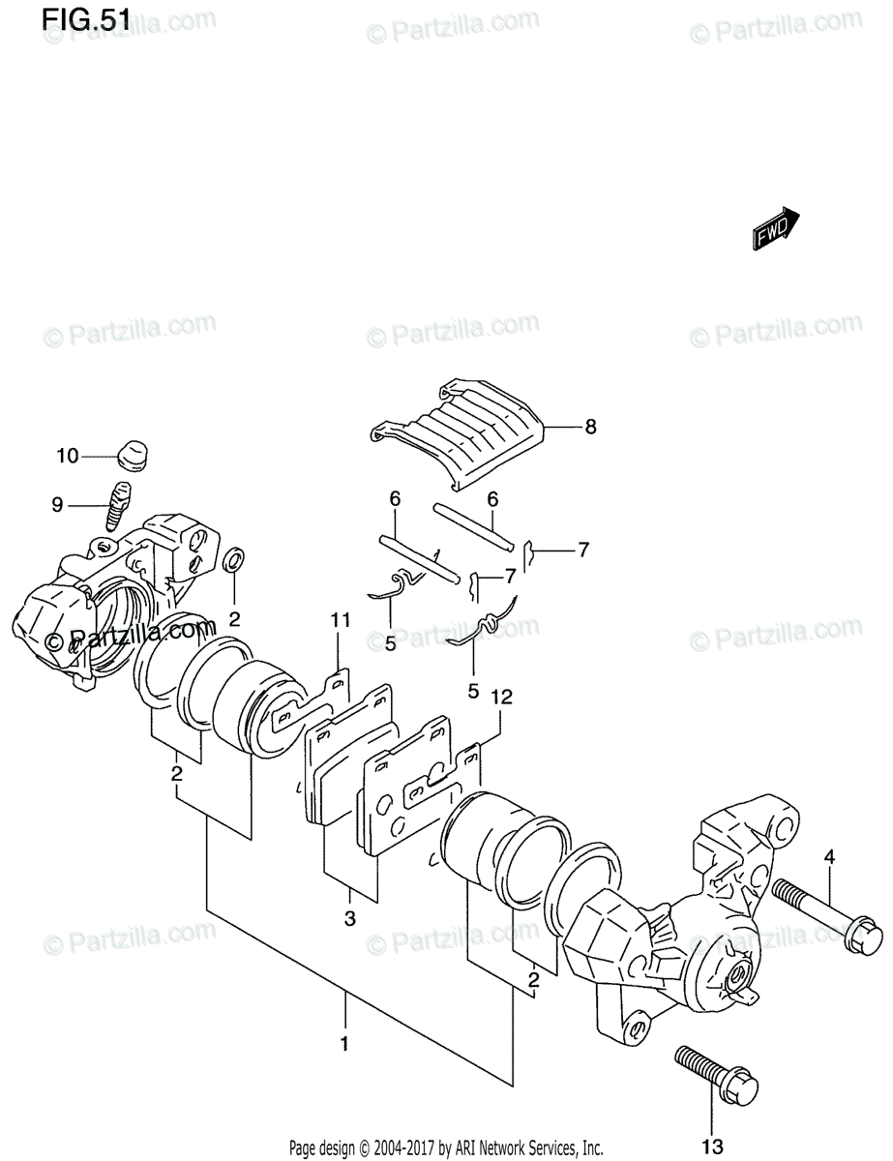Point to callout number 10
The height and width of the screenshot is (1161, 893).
[69, 455]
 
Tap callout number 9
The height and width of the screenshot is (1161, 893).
[57, 503]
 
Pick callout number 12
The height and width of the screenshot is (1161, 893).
[500, 696]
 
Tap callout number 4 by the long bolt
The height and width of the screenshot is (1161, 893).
[829, 855]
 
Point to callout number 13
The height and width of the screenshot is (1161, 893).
[712, 1147]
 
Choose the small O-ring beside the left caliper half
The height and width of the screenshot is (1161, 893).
[234, 560]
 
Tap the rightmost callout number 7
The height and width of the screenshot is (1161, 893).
[583, 551]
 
